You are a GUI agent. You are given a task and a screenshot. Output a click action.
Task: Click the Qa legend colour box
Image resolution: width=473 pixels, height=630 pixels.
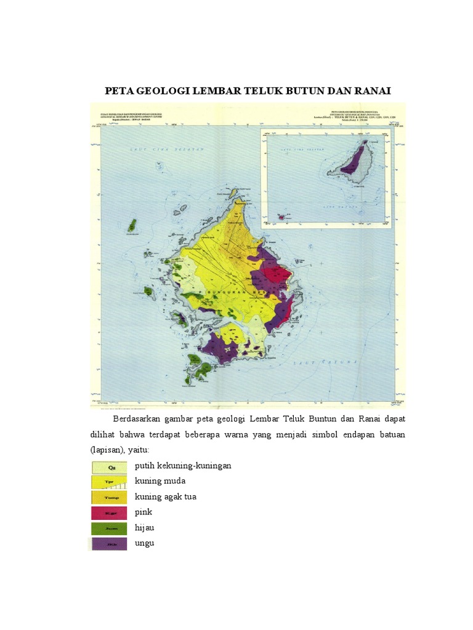[110, 466]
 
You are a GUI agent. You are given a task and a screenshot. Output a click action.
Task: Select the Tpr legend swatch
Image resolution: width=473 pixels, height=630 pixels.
[110, 481]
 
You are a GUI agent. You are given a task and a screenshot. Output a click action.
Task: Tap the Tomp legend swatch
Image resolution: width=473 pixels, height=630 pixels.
[110, 496]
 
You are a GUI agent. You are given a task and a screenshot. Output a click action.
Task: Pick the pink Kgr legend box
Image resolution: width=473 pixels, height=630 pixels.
[110, 512]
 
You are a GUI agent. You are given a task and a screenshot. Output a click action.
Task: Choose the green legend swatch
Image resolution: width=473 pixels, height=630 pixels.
[110, 528]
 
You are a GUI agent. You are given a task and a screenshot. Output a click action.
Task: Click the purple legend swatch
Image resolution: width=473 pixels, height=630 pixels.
[110, 543]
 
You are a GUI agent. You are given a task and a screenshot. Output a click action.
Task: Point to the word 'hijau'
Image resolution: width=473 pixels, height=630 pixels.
[145, 527]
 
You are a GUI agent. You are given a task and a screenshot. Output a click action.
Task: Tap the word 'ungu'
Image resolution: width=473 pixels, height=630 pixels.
[145, 543]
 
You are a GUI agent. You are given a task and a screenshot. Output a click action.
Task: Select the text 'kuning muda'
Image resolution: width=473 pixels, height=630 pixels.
[160, 480]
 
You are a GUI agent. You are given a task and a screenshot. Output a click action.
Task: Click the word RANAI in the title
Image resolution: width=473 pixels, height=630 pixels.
[372, 92]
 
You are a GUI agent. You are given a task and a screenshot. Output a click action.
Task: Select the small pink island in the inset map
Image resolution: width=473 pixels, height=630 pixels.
[282, 217]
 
